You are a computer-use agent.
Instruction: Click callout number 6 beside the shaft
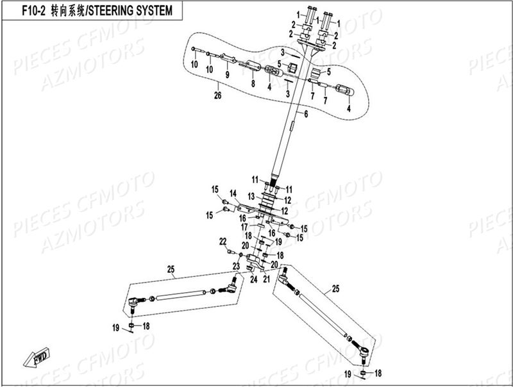click(306, 114)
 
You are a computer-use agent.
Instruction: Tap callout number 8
click(253, 83)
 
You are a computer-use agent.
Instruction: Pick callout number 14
click(233, 193)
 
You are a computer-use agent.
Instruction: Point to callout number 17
click(244, 226)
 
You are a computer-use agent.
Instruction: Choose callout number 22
click(223, 242)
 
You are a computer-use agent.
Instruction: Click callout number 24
click(253, 279)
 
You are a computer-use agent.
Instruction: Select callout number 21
click(267, 278)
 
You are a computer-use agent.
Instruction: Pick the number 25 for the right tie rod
click(335, 290)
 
